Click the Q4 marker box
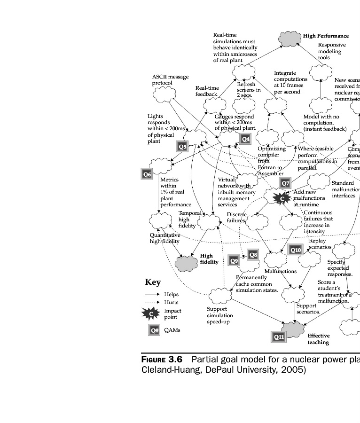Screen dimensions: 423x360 tap(246, 139)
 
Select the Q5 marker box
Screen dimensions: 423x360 tap(183, 147)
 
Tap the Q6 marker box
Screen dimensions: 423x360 tap(147, 174)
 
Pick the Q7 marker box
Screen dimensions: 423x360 tap(285, 183)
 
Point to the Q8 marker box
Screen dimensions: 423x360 tap(253, 255)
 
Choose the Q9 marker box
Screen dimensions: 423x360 tap(234, 260)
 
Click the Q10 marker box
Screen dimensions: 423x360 tap(296, 250)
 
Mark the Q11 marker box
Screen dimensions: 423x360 tap(279, 337)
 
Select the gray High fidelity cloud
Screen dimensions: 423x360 tap(186, 262)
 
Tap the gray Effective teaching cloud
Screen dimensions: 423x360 tap(294, 329)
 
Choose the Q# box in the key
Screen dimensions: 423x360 tap(154, 330)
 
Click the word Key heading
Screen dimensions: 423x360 tap(153, 282)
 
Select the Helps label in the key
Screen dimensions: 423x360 tap(171, 294)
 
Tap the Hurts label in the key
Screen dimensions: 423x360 tap(171, 302)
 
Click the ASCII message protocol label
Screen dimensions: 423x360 tap(170, 80)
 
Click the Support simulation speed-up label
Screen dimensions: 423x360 tap(220, 315)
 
